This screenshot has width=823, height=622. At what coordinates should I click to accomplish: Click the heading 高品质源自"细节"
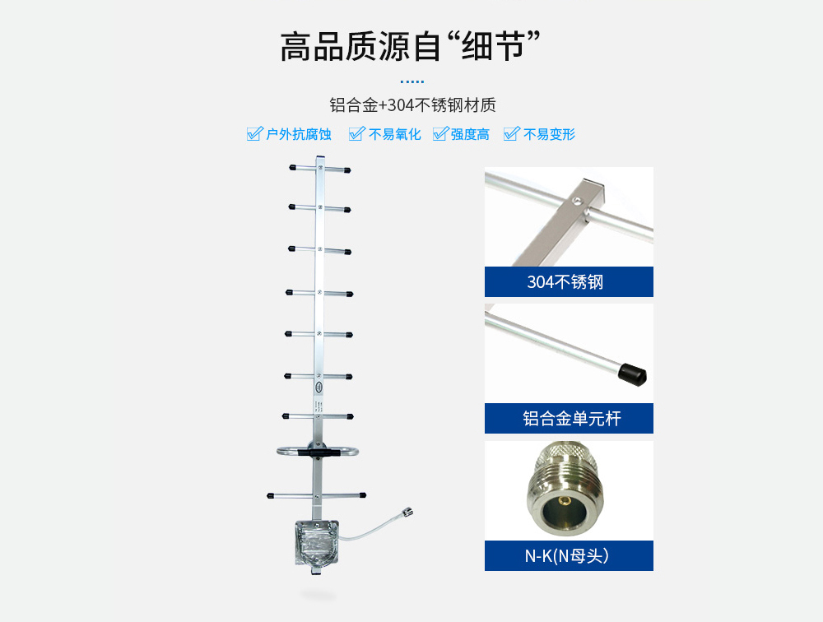411,46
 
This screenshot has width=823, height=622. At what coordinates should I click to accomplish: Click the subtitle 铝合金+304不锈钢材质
412,105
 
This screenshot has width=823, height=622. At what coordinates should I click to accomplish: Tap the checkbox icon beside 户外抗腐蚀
254,134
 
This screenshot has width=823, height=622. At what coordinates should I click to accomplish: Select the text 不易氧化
395,134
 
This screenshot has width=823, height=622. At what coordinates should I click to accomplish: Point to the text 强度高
470,134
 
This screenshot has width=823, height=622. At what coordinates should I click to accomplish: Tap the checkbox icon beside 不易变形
511,134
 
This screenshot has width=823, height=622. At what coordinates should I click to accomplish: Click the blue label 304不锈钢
569,282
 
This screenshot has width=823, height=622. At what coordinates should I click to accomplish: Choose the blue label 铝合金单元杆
569,418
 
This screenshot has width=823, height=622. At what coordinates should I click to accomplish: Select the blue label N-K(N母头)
569,555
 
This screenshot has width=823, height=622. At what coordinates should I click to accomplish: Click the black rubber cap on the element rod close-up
632,374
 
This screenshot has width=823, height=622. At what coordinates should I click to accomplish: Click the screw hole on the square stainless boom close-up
576,200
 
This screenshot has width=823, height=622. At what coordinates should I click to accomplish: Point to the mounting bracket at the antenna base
317,543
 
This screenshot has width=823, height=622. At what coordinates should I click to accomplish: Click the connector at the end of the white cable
407,511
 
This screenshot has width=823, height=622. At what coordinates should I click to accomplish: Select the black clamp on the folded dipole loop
313,452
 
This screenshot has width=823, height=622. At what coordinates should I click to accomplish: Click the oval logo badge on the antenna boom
319,388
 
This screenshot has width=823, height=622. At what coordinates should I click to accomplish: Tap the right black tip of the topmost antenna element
347,170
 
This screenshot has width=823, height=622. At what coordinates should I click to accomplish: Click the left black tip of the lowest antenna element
270,495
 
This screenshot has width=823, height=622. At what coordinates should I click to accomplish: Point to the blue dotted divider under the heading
412,81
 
